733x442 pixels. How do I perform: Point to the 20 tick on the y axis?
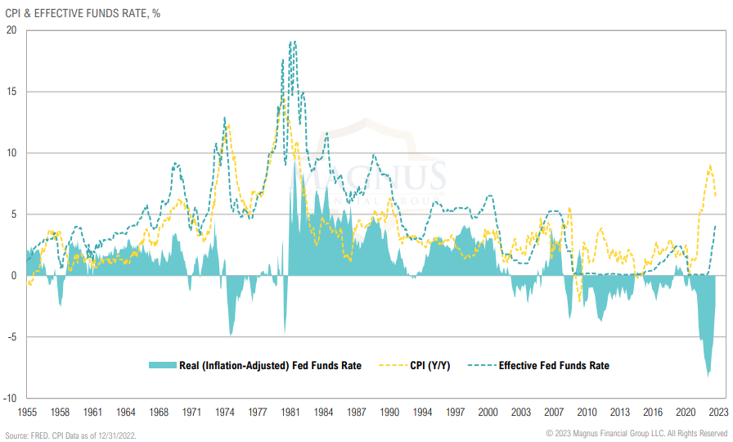[11, 30]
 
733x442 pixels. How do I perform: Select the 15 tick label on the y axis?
[11, 92]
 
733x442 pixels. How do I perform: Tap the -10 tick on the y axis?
[10, 398]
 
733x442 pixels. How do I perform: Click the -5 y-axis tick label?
[11, 336]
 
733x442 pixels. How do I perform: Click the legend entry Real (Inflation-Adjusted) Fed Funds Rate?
[270, 366]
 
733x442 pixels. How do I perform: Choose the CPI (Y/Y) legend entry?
[434, 366]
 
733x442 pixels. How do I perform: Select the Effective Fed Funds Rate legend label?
[554, 366]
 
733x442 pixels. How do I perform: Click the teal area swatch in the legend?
[161, 366]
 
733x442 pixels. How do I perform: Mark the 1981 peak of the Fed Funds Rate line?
[293, 41]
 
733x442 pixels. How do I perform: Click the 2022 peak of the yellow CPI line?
[709, 165]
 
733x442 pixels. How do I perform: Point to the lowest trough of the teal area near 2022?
[708, 376]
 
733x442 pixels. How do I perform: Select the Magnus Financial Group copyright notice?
[636, 433]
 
